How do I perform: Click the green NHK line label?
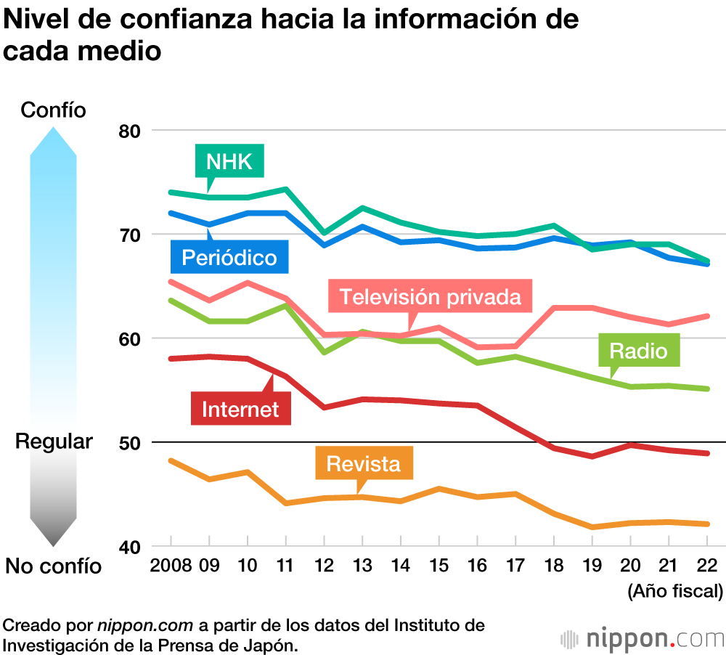point(229,161)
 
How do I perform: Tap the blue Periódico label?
point(229,257)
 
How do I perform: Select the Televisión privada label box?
point(431,296)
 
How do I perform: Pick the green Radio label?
point(638,351)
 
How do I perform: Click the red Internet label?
point(240,409)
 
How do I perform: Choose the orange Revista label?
point(364,463)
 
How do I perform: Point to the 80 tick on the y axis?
point(134,131)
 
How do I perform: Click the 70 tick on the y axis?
point(134,235)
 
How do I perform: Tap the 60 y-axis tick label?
point(134,338)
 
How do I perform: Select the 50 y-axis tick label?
point(134,442)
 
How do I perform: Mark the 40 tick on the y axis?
point(134,546)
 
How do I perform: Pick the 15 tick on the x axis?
point(439,566)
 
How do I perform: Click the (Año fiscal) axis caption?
point(675,591)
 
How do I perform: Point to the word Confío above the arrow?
point(54,110)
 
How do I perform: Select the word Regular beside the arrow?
point(54,442)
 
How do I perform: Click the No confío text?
point(54,566)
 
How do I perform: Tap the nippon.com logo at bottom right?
point(643,639)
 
